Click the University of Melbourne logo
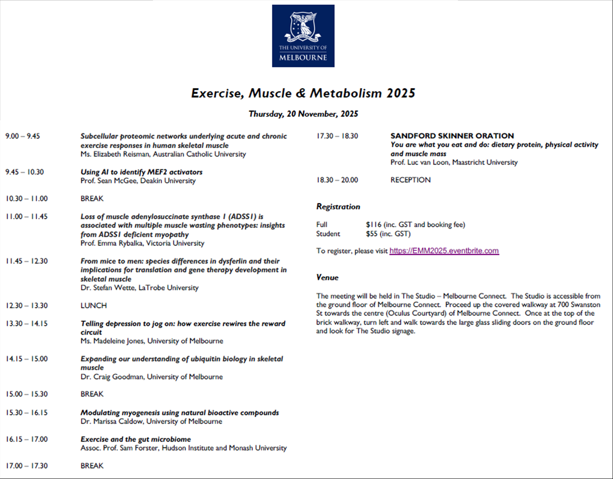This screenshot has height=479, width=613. [x=303, y=36]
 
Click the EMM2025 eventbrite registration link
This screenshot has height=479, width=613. [x=444, y=251]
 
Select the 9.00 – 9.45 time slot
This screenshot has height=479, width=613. [x=23, y=137]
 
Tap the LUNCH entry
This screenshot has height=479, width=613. [x=94, y=306]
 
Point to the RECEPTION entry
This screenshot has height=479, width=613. [x=410, y=180]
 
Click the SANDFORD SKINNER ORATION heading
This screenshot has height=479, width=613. [x=452, y=136]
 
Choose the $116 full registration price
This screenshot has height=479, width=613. [x=374, y=225]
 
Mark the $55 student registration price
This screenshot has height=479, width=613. [x=372, y=234]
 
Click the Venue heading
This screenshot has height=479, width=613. [x=327, y=278]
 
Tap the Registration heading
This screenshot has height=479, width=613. [x=338, y=207]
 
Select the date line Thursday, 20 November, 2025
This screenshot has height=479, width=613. [x=303, y=114]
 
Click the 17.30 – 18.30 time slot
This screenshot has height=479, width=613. [x=337, y=136]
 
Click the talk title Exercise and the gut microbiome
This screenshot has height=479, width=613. [x=136, y=439]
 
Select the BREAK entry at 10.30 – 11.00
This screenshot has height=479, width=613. [x=92, y=199]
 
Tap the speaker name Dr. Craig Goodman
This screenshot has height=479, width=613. [x=112, y=377]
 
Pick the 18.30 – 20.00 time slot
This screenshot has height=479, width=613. [x=337, y=180]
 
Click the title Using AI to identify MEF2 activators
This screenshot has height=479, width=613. [x=141, y=172]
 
